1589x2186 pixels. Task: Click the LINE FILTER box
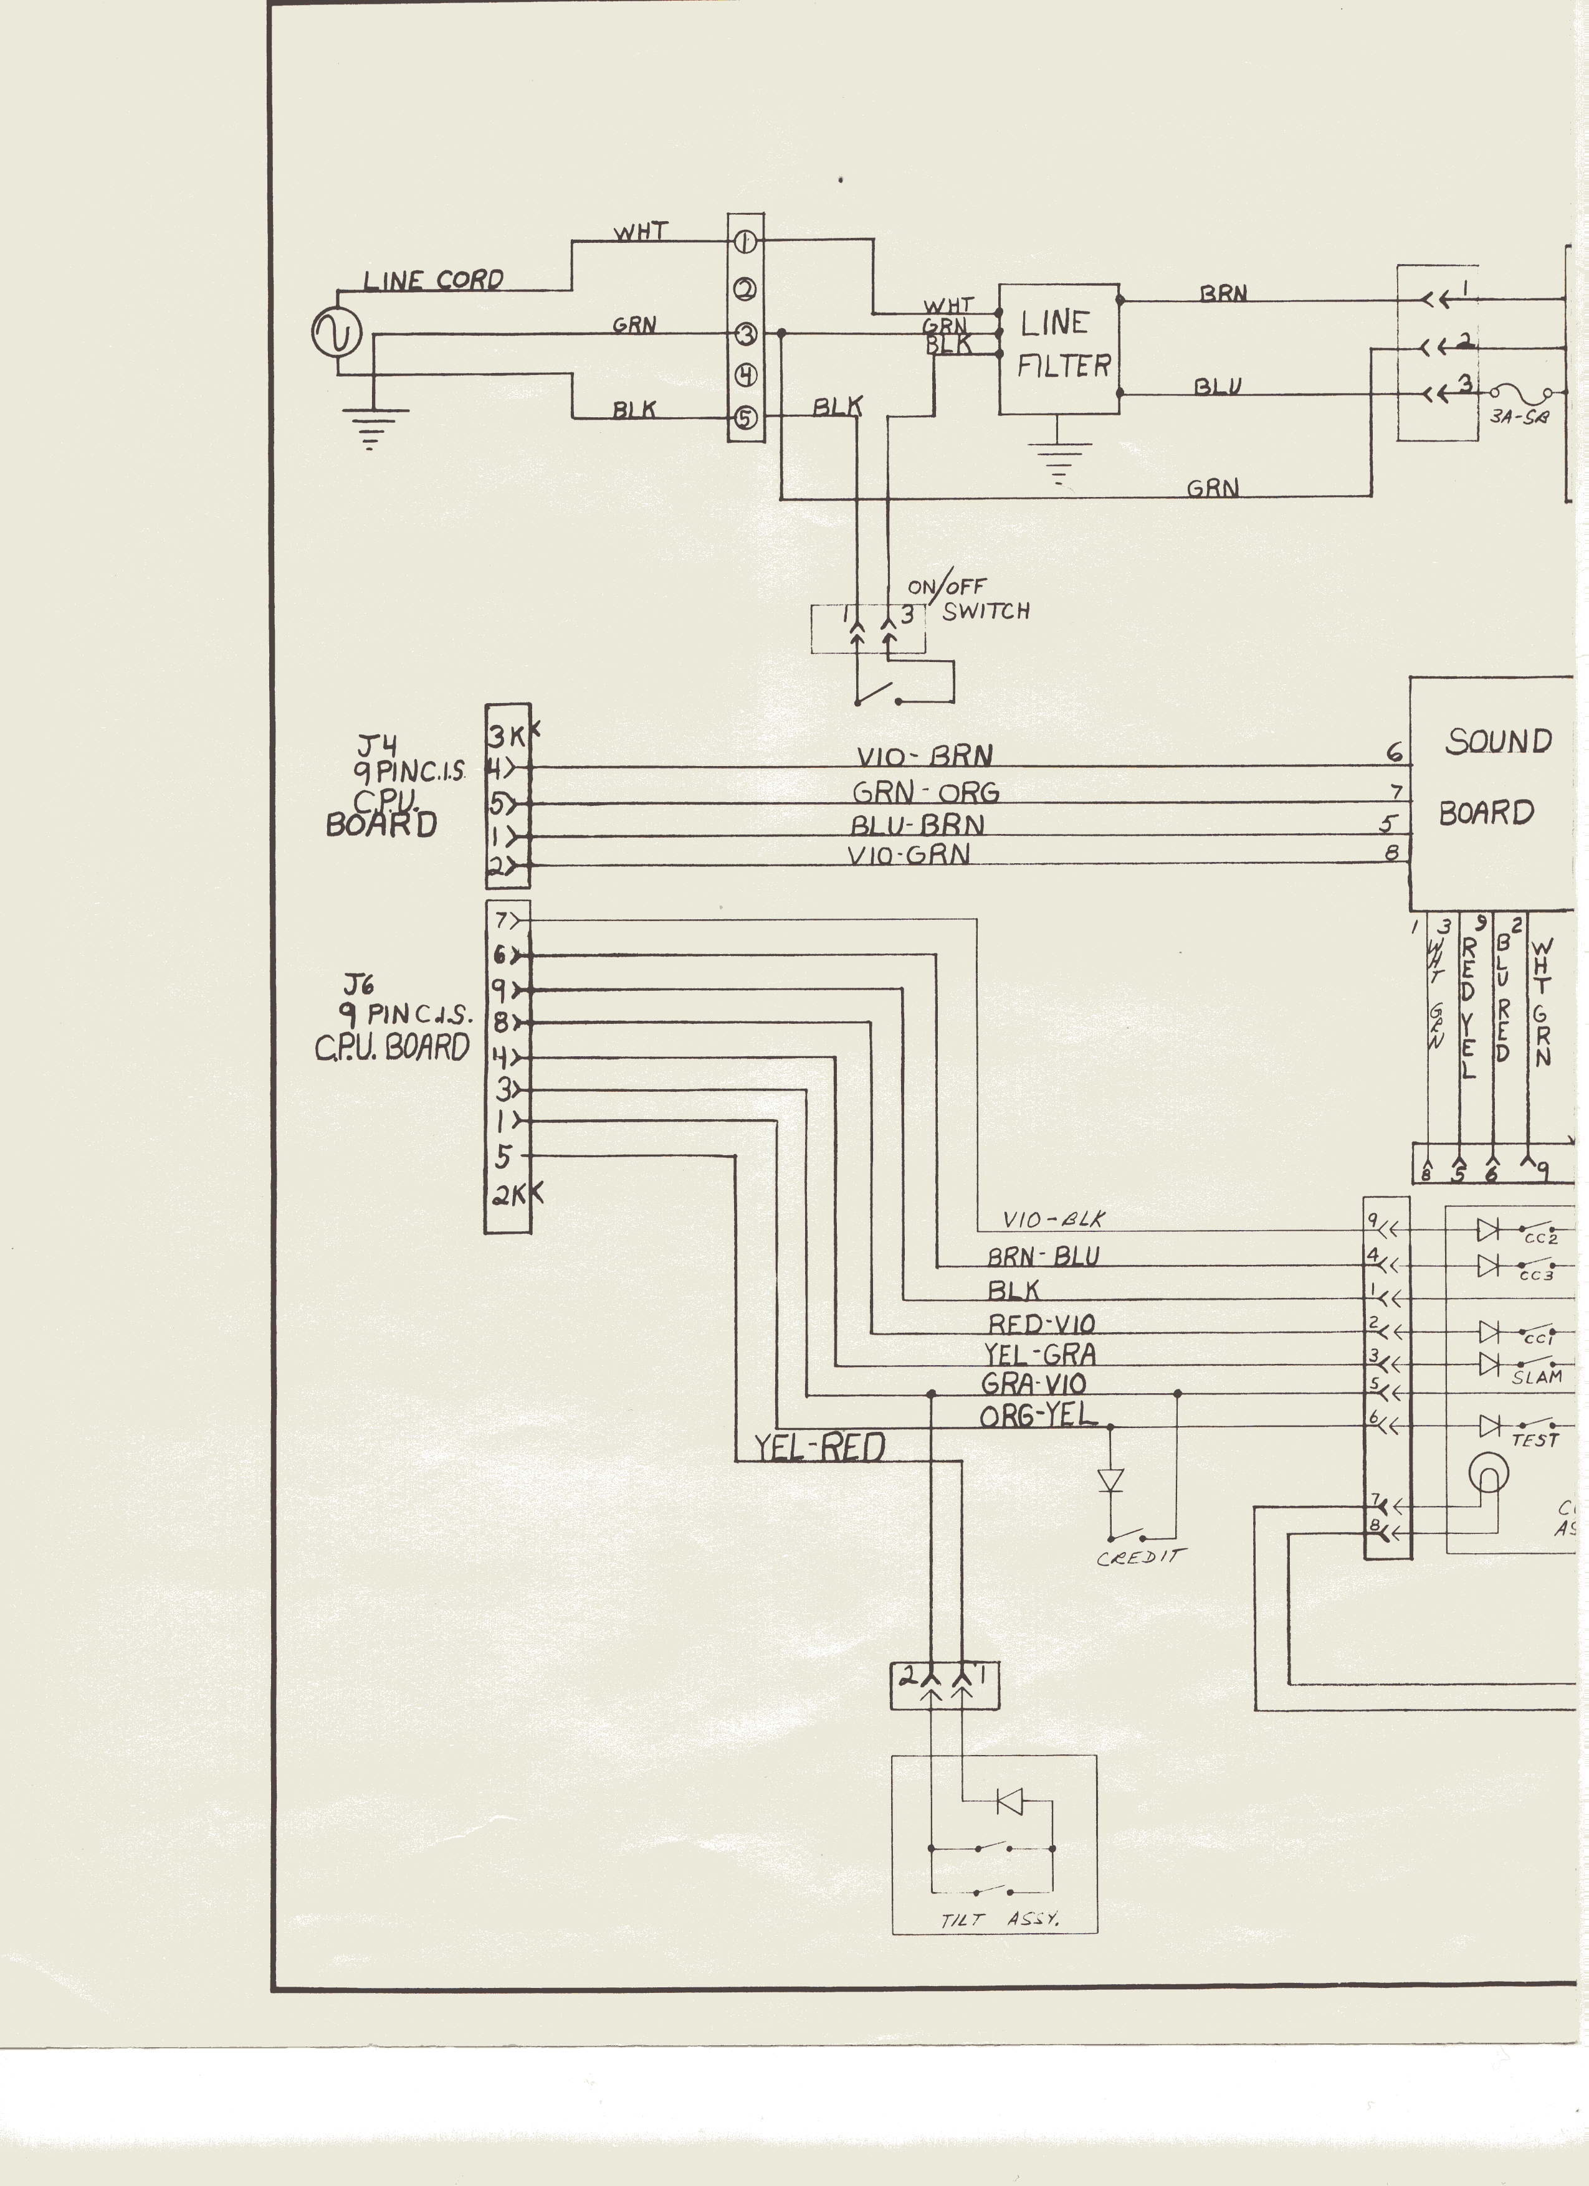coord(1059,348)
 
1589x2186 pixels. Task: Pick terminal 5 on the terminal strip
coord(747,417)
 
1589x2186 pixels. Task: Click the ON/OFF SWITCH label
coord(968,600)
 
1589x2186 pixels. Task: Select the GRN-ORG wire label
coord(925,792)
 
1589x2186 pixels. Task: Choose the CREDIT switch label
coord(1140,1556)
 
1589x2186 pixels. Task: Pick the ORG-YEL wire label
coord(1038,1415)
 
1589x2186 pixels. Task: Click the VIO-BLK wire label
coord(1053,1219)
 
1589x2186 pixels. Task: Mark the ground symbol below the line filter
coord(1059,461)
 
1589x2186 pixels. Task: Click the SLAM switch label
coord(1537,1376)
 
